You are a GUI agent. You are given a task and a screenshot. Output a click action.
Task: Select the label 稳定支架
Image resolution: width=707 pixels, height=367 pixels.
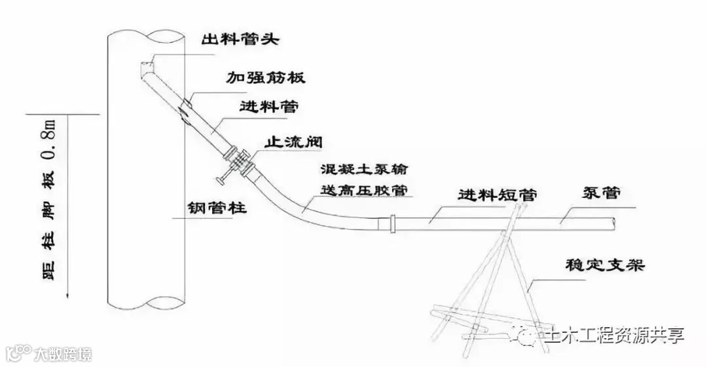(606, 265)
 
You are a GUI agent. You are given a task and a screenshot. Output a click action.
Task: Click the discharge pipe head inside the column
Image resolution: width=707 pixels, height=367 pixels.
(148, 65)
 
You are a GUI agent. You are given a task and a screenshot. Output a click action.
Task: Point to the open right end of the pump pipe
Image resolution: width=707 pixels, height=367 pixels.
(616, 223)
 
